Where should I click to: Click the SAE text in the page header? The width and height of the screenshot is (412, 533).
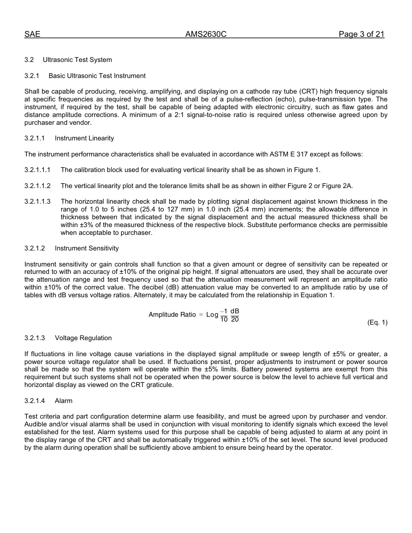tap(32, 35)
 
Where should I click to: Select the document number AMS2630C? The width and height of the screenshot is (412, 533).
tap(206, 35)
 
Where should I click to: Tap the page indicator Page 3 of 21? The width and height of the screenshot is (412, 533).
tap(361, 35)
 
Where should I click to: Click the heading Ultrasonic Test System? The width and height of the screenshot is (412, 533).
tap(77, 60)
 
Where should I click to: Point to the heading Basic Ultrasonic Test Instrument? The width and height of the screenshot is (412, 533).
tap(97, 76)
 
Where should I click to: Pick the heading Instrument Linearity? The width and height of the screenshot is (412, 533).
tap(84, 138)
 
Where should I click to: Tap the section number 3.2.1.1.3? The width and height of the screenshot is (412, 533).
tap(37, 201)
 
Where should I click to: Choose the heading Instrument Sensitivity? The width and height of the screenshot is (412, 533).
tap(87, 248)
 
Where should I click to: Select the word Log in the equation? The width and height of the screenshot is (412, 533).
tap(212, 315)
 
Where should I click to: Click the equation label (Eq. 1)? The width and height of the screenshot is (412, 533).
tap(377, 322)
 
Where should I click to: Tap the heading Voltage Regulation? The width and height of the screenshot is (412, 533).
tap(83, 338)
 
